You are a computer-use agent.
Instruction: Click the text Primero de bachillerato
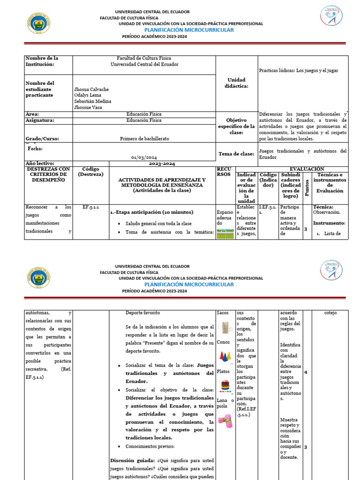(x=144, y=139)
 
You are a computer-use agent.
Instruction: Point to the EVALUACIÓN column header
(x=307, y=169)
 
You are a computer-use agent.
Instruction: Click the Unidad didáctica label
(x=237, y=83)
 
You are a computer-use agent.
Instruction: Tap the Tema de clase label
(x=237, y=154)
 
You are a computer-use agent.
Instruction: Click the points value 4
(x=306, y=372)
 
